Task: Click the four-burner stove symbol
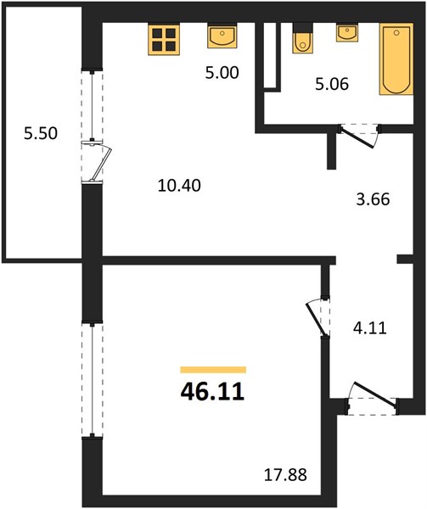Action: [x=164, y=39]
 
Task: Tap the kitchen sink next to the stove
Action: [x=222, y=36]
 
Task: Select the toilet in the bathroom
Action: [x=302, y=38]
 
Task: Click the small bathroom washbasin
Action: [x=347, y=32]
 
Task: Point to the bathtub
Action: [x=396, y=59]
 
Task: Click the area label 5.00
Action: [x=222, y=73]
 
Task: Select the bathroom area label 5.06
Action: [x=332, y=84]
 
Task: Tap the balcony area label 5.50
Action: [x=41, y=133]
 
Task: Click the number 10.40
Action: [x=179, y=186]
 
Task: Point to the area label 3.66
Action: [x=373, y=199]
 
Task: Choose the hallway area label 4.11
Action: [x=370, y=328]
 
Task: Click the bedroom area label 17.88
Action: [x=285, y=475]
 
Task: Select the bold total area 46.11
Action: [x=212, y=392]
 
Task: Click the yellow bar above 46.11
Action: [x=213, y=370]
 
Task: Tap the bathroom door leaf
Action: [x=357, y=138]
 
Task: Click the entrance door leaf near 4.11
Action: [x=375, y=394]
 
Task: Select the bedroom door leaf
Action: [x=316, y=319]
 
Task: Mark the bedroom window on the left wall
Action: [x=93, y=380]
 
